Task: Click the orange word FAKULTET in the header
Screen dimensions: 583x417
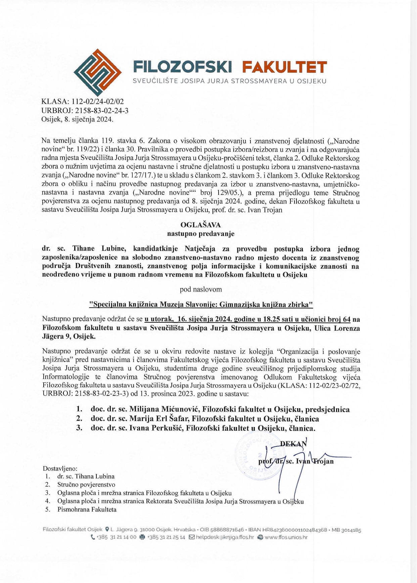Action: tap(284, 67)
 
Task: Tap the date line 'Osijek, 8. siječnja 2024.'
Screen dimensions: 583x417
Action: tap(77, 119)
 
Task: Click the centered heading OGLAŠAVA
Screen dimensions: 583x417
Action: tap(200, 225)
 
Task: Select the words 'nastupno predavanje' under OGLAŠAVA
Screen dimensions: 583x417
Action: tap(200, 233)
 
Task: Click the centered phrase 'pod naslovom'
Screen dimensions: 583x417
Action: tap(200, 289)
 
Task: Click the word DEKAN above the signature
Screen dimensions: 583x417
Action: tap(293, 443)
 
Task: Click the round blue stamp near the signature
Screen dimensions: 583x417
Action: tap(256, 455)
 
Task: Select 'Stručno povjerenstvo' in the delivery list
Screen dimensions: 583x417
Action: tap(86, 484)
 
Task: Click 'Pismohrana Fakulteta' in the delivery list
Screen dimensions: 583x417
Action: tap(87, 509)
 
